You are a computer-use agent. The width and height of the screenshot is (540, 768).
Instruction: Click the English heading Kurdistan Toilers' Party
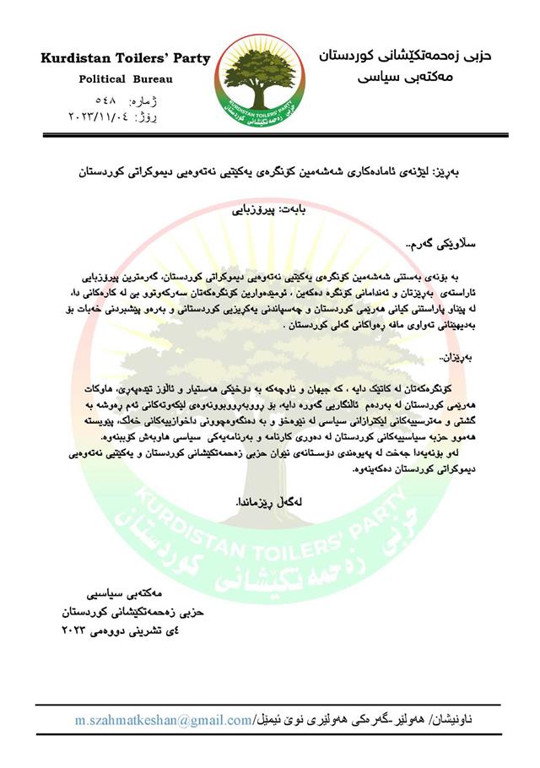click(125, 58)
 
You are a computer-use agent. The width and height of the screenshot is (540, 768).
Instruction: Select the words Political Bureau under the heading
click(125, 78)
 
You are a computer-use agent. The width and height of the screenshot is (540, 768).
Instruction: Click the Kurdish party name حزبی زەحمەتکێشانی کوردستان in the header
click(404, 56)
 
